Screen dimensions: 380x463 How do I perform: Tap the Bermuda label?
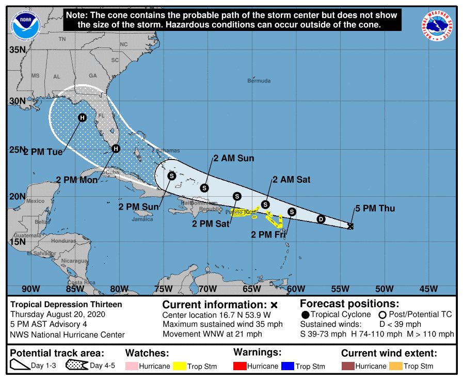click(x=259, y=81)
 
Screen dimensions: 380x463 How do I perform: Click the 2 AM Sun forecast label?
click(x=234, y=159)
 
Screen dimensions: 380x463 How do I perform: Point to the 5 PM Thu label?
click(x=375, y=209)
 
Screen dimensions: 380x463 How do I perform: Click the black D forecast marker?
click(x=321, y=219)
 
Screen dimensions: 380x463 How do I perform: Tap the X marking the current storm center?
click(x=351, y=226)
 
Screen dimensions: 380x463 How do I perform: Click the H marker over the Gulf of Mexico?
click(x=82, y=118)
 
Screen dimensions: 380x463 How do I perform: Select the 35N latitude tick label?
click(x=18, y=50)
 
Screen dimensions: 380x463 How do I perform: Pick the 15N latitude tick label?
click(x=18, y=242)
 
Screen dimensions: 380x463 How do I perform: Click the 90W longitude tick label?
click(x=31, y=289)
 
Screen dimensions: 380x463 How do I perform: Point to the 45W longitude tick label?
click(x=428, y=289)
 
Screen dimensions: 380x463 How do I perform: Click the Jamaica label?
click(x=142, y=219)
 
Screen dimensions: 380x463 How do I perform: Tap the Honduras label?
click(x=63, y=241)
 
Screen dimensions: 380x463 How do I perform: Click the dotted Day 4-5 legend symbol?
click(x=76, y=366)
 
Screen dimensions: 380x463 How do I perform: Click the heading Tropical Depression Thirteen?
click(x=67, y=304)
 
